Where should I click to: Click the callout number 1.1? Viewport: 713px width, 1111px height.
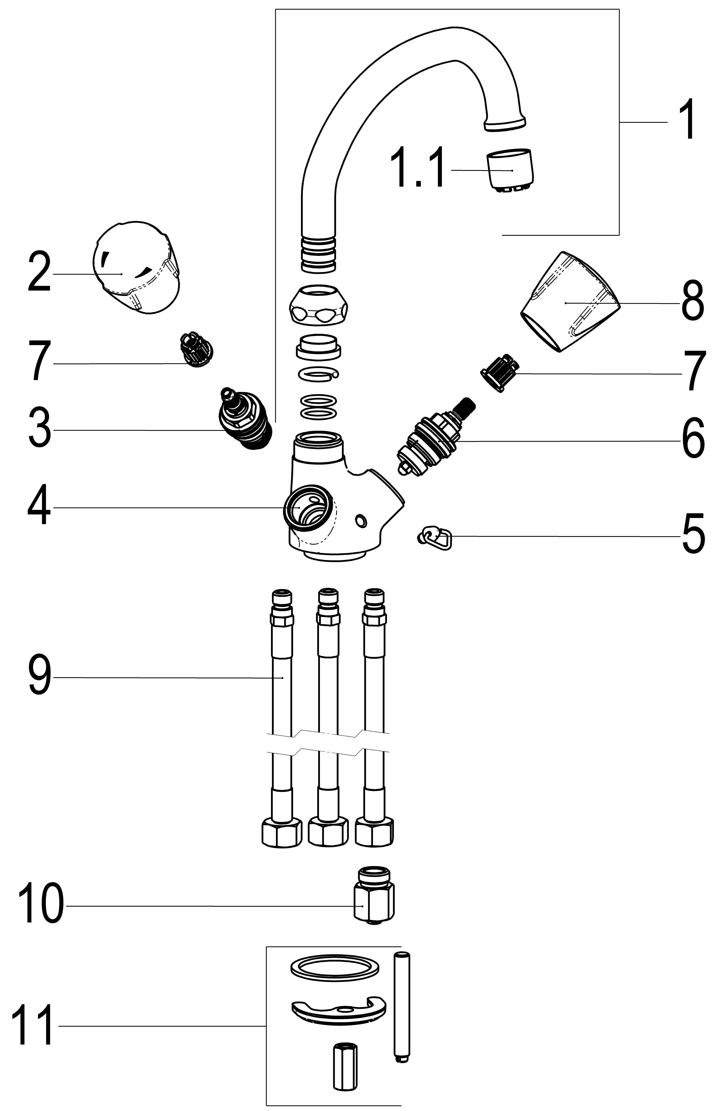pyautogui.click(x=418, y=168)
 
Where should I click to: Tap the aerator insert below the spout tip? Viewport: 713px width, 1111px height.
pyautogui.click(x=509, y=170)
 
